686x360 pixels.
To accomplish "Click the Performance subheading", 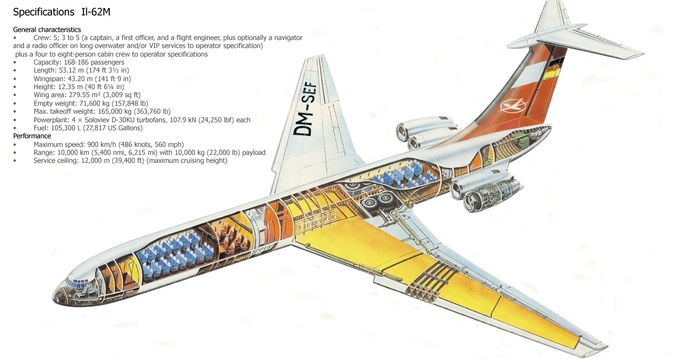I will click(x=32, y=137).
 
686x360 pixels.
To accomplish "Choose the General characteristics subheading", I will click(x=47, y=29).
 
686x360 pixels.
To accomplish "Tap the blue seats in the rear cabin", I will click(x=400, y=174).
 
